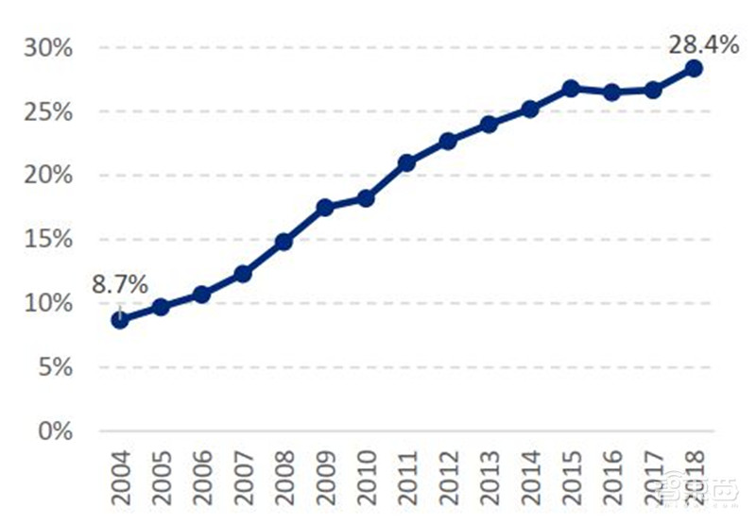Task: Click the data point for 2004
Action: (119, 320)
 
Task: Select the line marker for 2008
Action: (283, 242)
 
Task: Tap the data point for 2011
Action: (406, 163)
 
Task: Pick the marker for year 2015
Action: (571, 89)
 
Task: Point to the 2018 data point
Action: (694, 68)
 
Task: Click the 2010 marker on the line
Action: (366, 198)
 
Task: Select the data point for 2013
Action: (489, 125)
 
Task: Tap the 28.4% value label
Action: (703, 43)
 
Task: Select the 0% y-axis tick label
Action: (53, 431)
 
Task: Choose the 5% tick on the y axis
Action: (53, 367)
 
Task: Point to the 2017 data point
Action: (653, 90)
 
